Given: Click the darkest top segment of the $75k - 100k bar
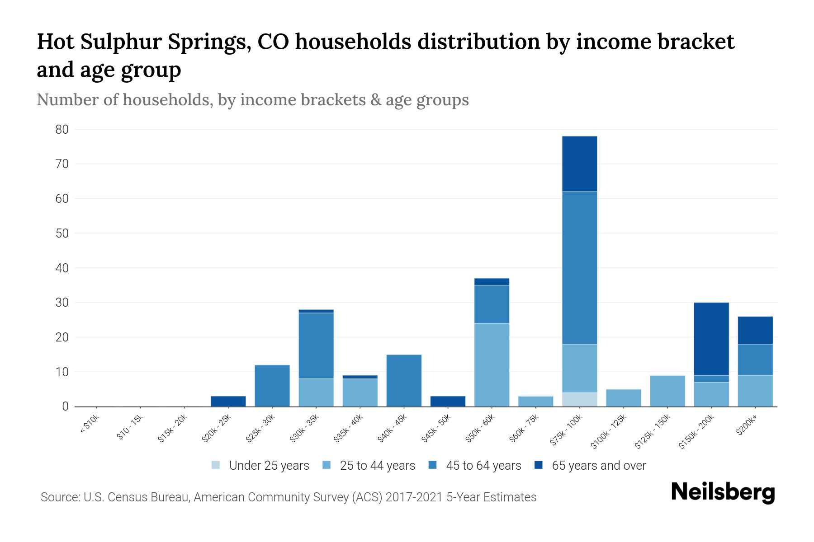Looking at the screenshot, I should (579, 164).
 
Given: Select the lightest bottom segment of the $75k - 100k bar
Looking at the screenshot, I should (579, 400).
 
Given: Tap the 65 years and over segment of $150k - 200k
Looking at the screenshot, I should (711, 339).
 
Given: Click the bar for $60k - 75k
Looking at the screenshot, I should (536, 402).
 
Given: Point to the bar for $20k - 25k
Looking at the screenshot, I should (228, 402).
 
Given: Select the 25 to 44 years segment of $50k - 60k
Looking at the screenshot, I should (492, 365).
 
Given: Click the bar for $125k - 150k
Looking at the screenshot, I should (667, 391).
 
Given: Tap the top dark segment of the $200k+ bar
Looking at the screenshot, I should (755, 330).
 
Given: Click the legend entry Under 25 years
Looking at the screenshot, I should (269, 466).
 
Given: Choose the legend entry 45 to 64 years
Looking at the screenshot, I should (483, 466).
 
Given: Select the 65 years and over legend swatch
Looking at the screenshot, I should (539, 465).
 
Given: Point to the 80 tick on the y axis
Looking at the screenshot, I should (62, 130).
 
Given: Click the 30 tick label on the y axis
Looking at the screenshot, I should (62, 303).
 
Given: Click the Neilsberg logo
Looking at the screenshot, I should (723, 492).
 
